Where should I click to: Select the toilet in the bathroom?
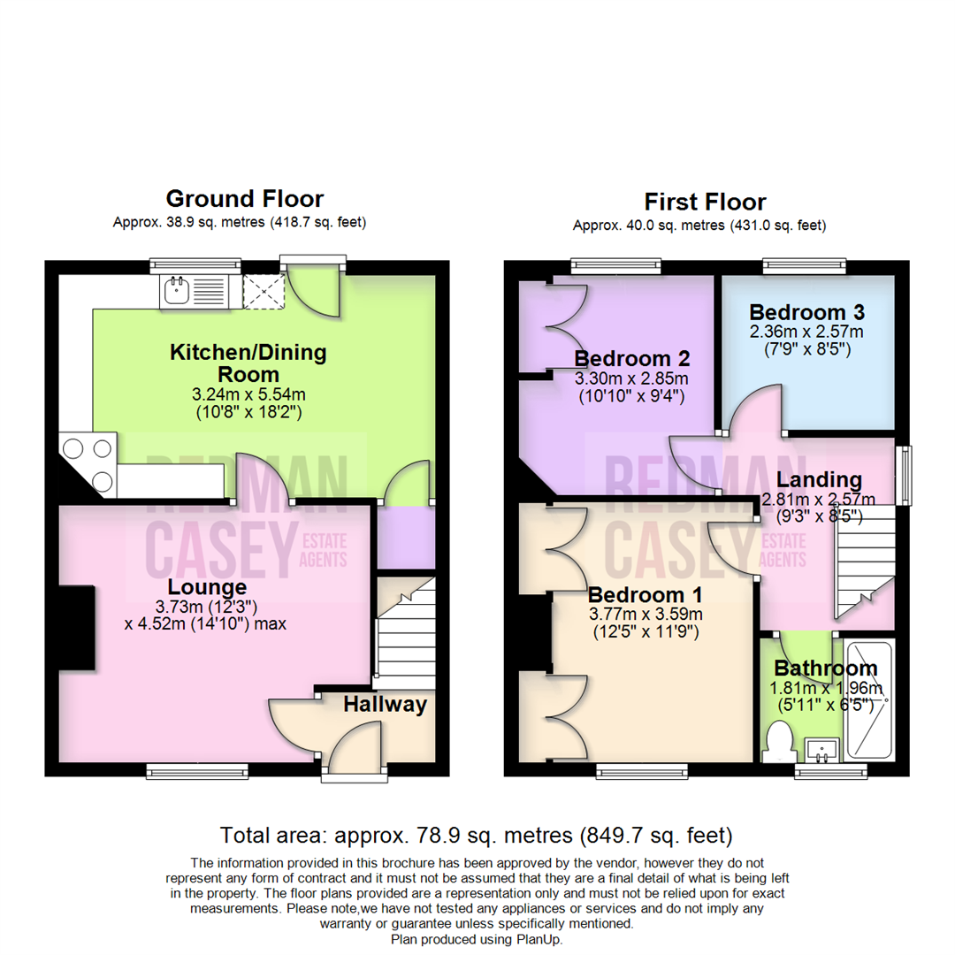coord(778,741)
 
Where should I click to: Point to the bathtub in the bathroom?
coord(867,699)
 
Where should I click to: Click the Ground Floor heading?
coord(245,199)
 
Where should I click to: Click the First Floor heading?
coord(705,202)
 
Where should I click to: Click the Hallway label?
coord(385,705)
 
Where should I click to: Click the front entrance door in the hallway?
coord(358,747)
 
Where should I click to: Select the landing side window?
coord(904,476)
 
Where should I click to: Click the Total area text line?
coord(477,834)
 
